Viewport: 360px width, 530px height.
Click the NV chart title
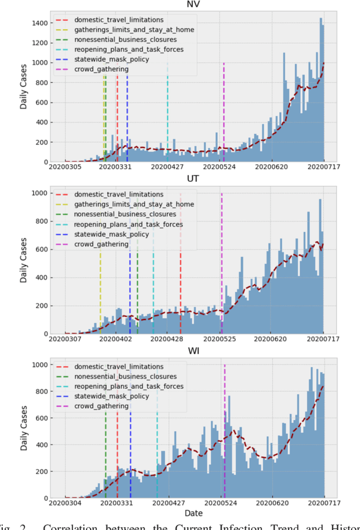(x=195, y=5)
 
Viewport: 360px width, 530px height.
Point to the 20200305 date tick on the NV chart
(x=65, y=167)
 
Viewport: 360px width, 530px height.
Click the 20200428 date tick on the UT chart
(x=168, y=339)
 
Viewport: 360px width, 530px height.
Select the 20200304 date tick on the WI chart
(x=65, y=503)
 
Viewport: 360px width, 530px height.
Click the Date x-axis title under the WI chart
(x=194, y=513)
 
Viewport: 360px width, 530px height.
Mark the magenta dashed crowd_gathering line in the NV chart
(x=224, y=113)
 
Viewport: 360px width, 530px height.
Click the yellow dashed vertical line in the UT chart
(x=100, y=293)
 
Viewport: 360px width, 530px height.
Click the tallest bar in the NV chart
(x=321, y=90)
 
